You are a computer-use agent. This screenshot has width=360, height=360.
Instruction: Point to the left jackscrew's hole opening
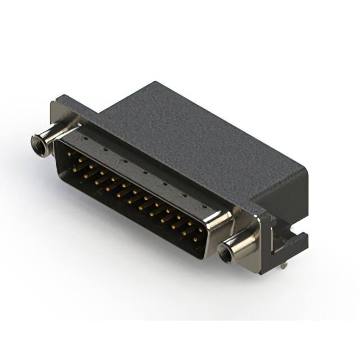click(39, 145)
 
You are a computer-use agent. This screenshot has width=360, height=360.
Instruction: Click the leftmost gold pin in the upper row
click(69, 154)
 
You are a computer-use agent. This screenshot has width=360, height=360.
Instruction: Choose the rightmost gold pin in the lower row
click(195, 240)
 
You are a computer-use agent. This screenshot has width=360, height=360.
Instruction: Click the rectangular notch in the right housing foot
click(277, 242)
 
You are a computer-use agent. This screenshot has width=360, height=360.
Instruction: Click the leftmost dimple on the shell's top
click(84, 137)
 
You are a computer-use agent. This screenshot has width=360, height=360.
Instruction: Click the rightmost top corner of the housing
click(307, 169)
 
